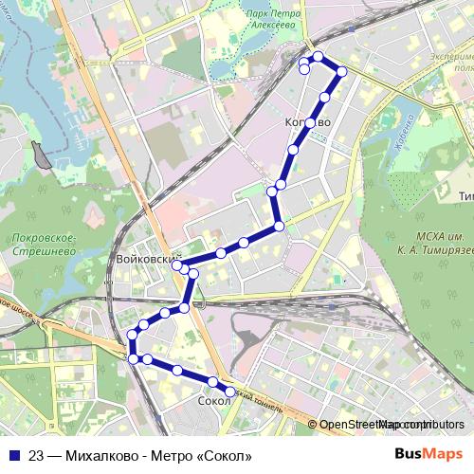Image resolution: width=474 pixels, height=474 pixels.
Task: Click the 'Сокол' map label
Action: [214, 402]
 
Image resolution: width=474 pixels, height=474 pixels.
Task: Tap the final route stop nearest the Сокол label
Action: [228, 392]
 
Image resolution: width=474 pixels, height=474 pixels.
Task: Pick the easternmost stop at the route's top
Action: [341, 72]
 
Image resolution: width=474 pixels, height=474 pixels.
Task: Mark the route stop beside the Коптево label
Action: [310, 122]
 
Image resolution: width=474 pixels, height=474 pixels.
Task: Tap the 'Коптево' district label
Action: [308, 123]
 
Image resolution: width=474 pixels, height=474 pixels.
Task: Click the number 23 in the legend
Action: [36, 455]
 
